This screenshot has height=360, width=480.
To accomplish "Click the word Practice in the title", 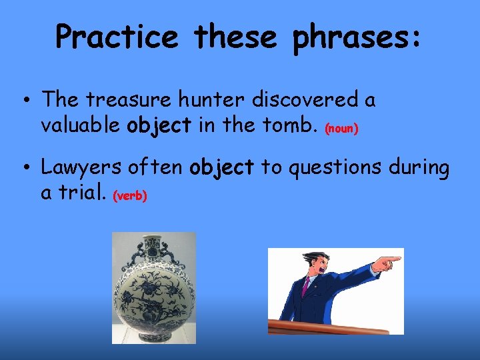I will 117,37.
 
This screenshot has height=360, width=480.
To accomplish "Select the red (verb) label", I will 130,196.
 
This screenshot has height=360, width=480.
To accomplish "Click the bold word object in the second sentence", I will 221,168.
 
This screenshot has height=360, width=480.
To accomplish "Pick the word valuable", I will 81,125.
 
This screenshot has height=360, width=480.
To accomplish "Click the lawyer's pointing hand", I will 387,261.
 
